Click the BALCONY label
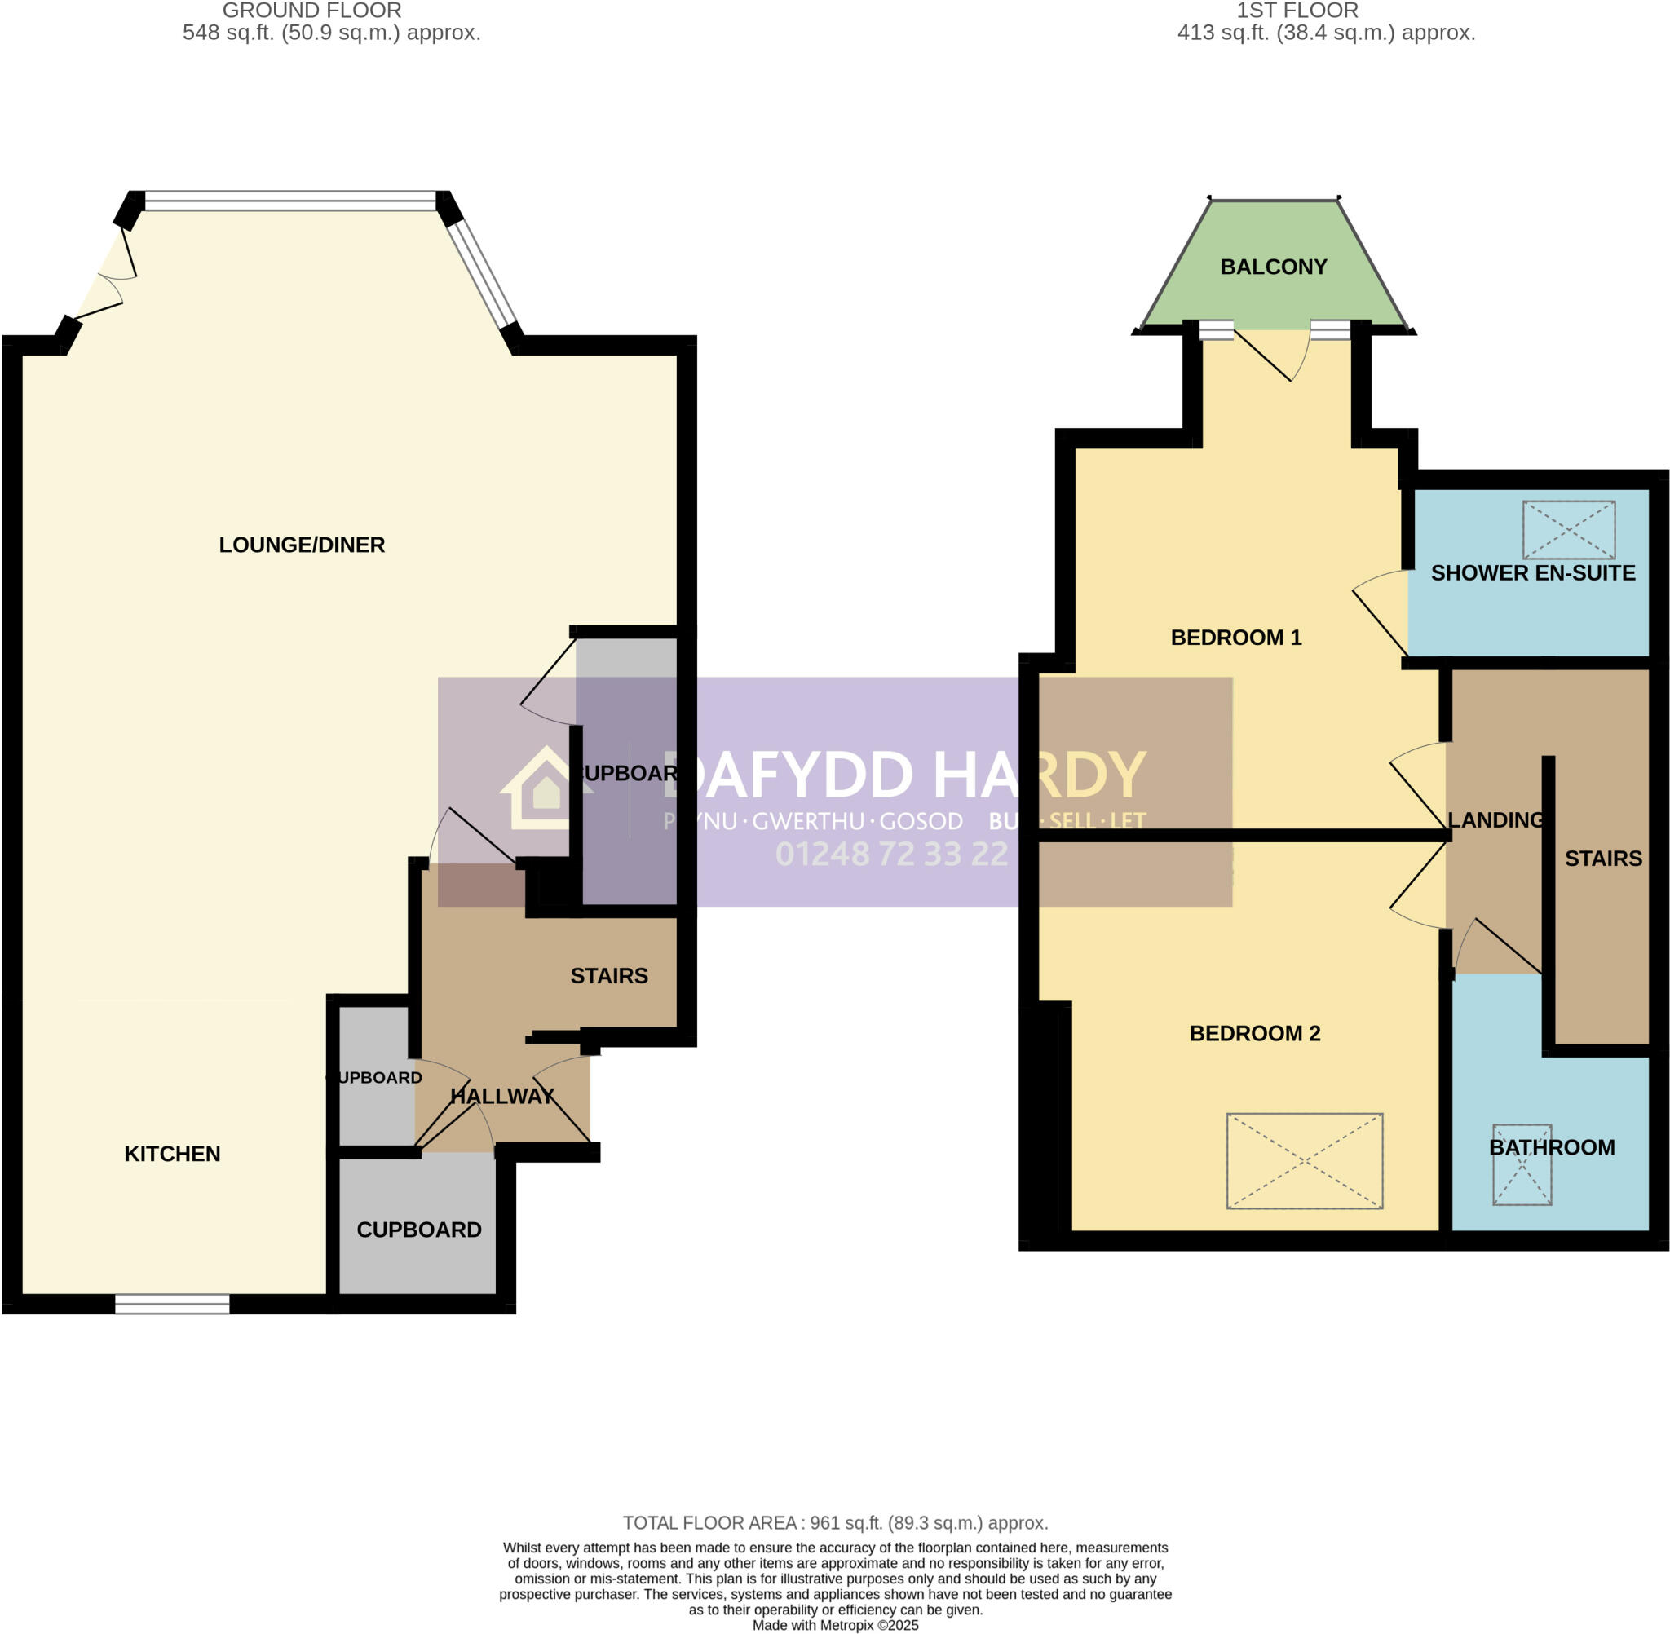(x=1273, y=267)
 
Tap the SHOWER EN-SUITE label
(x=1532, y=573)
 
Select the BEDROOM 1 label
(x=1235, y=638)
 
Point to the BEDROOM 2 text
(x=1254, y=1033)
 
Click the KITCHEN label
(x=173, y=1154)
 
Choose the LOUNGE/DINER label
(x=301, y=545)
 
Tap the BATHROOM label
(x=1551, y=1147)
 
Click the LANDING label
(x=1495, y=820)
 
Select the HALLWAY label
(x=502, y=1096)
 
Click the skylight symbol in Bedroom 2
(x=1304, y=1161)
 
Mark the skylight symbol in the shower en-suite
(x=1568, y=530)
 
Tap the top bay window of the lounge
(x=290, y=201)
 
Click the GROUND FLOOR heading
(x=311, y=11)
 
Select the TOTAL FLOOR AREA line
(x=834, y=1523)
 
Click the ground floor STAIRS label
(x=608, y=976)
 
